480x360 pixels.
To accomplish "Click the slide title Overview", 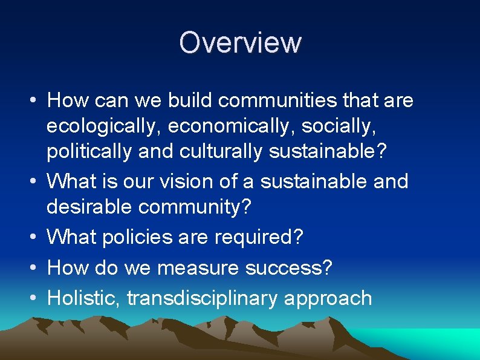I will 240,43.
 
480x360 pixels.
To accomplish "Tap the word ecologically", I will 103,126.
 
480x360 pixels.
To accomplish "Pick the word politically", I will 89,152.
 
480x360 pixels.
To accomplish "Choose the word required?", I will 259,237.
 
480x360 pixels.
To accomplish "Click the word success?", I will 299,267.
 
